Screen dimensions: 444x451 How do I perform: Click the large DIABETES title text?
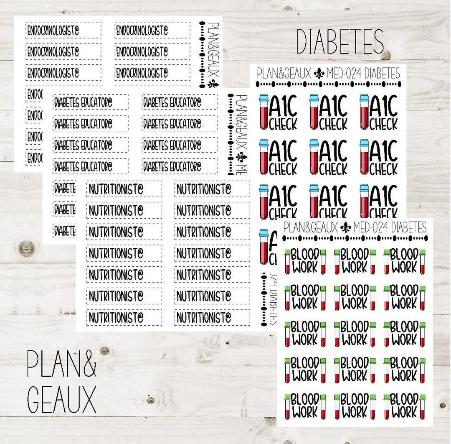(x=340, y=42)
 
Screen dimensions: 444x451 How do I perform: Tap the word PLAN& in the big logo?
(x=61, y=364)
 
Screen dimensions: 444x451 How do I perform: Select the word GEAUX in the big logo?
(x=61, y=399)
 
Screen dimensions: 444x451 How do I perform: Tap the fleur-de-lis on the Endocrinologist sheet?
(x=213, y=84)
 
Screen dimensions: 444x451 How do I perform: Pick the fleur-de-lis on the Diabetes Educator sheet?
(x=241, y=158)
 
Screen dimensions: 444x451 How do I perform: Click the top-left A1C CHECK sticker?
(x=279, y=112)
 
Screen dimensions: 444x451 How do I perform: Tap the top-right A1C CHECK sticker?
(x=379, y=112)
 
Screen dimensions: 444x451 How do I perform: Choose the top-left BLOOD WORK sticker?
(x=305, y=261)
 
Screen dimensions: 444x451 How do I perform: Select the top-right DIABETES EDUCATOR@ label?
(x=180, y=102)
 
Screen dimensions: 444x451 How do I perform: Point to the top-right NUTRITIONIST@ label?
(x=212, y=189)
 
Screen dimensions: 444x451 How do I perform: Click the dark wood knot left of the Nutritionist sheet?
(x=26, y=248)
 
